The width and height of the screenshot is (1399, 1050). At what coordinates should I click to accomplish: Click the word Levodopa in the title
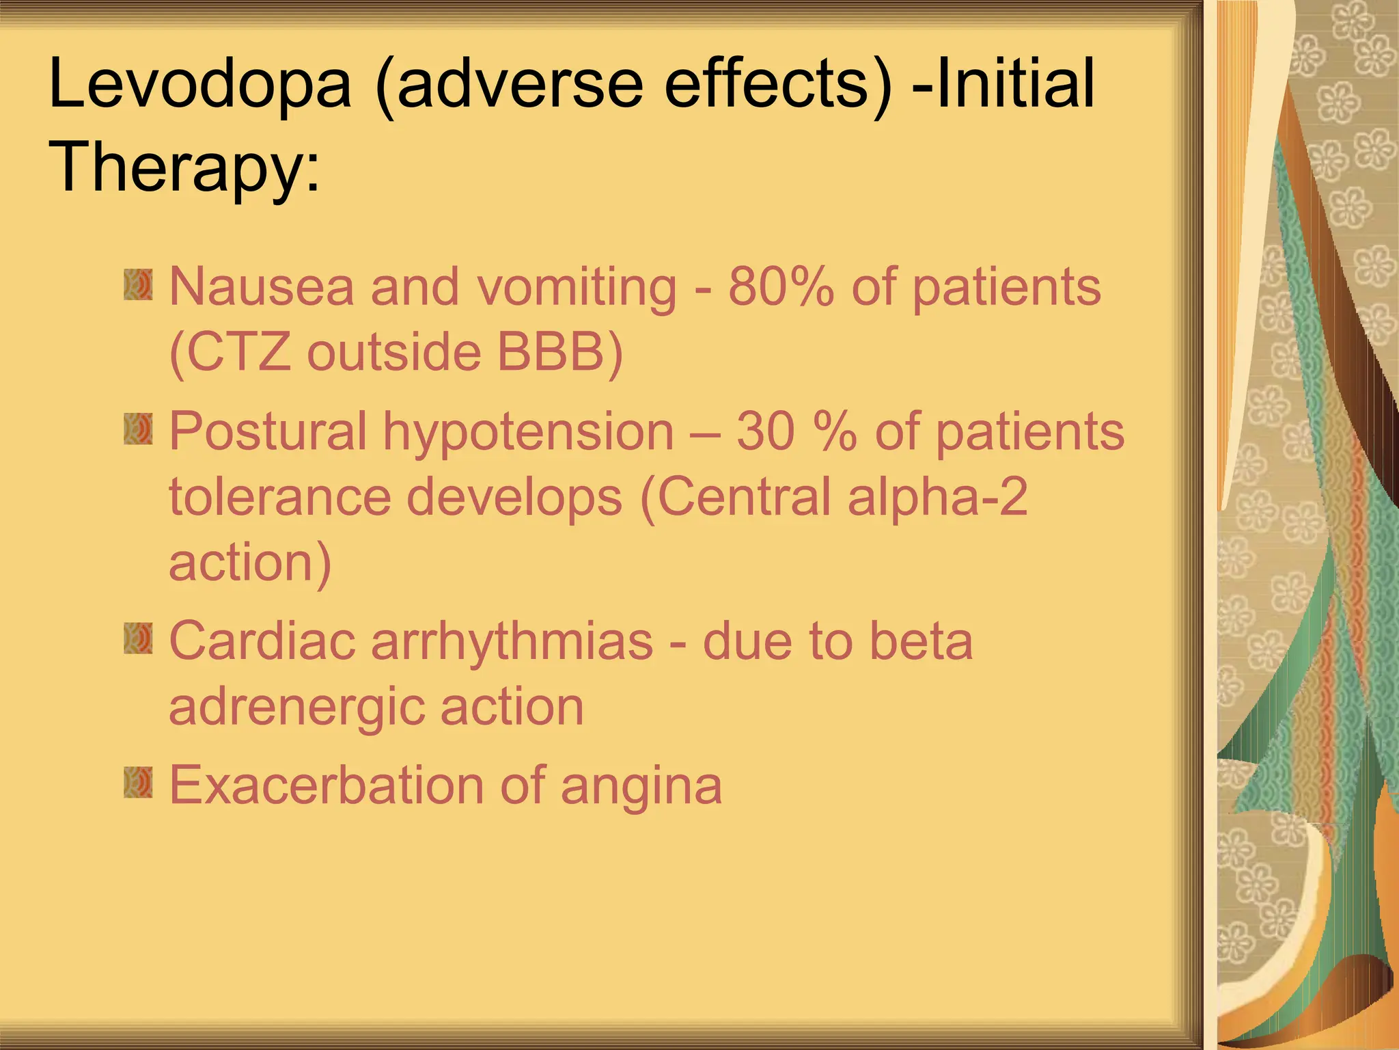click(199, 85)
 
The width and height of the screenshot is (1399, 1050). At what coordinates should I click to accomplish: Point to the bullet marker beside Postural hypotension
click(138, 431)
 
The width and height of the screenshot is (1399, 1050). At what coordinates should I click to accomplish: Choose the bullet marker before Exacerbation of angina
click(138, 783)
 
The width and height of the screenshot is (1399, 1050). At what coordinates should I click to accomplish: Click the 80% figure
click(781, 286)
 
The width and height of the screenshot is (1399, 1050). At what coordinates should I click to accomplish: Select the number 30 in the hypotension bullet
click(765, 431)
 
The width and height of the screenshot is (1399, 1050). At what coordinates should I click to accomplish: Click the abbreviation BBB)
click(559, 353)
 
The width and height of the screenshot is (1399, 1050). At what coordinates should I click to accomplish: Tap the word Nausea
click(262, 286)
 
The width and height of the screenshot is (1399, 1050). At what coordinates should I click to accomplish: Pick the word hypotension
click(528, 433)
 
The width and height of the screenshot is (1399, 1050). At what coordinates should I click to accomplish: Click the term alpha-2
click(937, 498)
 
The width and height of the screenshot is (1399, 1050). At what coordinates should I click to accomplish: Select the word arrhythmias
click(512, 643)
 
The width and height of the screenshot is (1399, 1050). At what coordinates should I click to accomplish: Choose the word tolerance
click(279, 497)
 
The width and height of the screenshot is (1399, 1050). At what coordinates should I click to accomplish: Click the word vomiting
click(577, 288)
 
